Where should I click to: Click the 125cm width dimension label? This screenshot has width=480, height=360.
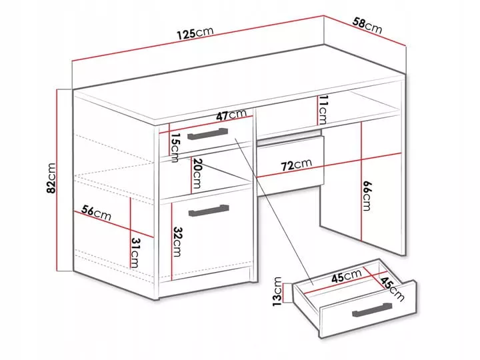pos(195,33)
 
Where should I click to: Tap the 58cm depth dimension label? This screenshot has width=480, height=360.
pos(367,26)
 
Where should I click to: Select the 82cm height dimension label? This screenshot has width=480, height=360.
pos(51,178)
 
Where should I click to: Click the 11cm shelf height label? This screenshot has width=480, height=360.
pos(323,109)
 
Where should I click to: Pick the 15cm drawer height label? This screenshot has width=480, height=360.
pos(175,147)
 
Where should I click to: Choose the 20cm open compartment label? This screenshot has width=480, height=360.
pos(196,173)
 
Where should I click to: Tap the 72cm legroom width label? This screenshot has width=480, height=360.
pos(296,165)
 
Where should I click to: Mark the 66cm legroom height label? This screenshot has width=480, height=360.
pos(367,196)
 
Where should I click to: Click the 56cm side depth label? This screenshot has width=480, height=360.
pos(96,213)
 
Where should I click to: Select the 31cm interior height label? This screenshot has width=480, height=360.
pos(135,253)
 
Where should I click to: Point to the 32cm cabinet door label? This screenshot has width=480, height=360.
pos(177,241)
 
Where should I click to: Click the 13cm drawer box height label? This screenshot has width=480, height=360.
pos(277,291)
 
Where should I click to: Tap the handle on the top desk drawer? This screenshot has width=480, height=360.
pos(207,134)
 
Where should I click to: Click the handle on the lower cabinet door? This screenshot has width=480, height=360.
pos(209,211)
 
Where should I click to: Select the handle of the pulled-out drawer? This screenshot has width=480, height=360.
pos(372,310)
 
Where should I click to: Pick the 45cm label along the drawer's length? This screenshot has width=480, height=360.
pos(347,276)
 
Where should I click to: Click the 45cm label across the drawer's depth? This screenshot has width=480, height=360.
pos(393,289)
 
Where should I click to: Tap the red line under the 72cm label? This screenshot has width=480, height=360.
pos(329,165)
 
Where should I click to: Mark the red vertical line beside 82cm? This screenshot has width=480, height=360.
pos(57,180)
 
